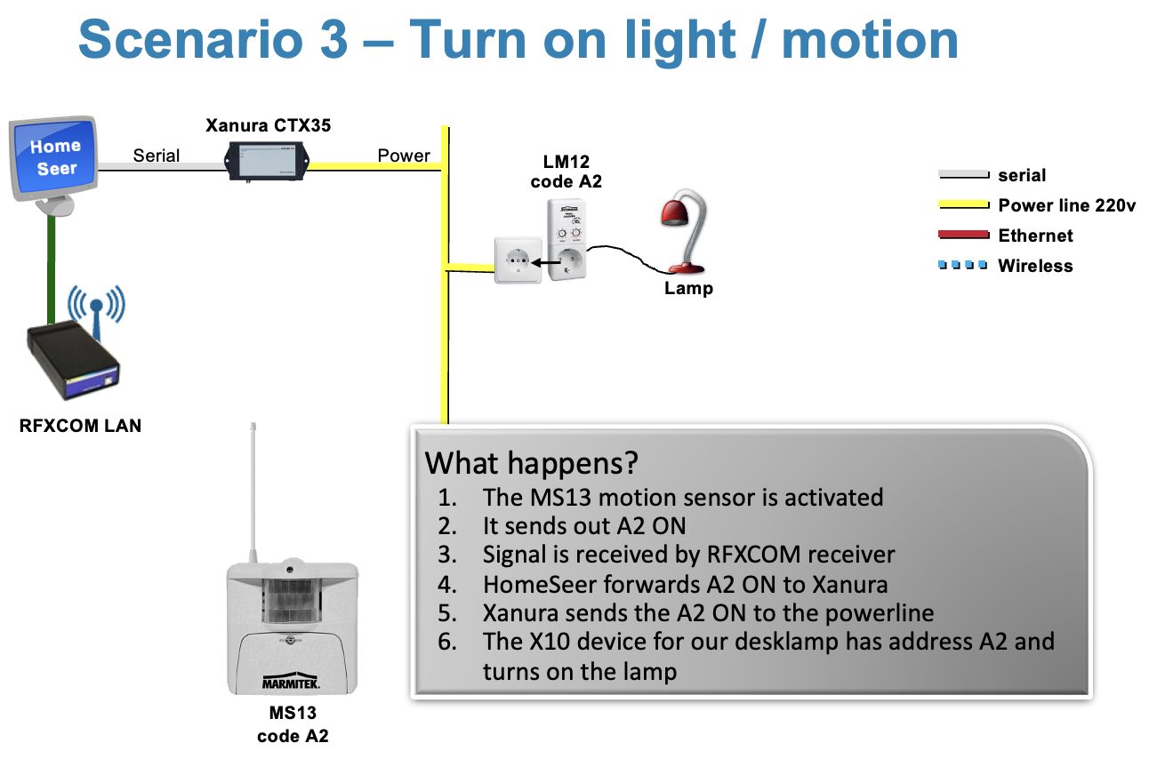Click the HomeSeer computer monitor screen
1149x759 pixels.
click(x=54, y=157)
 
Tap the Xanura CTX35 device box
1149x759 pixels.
click(x=268, y=162)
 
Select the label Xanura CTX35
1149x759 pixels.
click(x=269, y=125)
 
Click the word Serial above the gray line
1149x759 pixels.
click(x=157, y=156)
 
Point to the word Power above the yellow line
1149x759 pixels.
click(x=404, y=156)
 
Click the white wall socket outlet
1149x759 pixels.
click(x=518, y=260)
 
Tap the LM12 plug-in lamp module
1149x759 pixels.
click(x=566, y=240)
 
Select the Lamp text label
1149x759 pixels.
click(x=688, y=288)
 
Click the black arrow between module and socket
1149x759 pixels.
click(x=546, y=263)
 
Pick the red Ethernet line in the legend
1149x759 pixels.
click(x=963, y=235)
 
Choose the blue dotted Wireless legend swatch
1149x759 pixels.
click(x=963, y=265)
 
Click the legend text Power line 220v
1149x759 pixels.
click(x=1067, y=205)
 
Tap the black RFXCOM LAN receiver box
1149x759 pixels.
click(x=73, y=360)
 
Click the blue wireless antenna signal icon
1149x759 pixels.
click(x=96, y=308)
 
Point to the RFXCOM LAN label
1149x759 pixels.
click(x=80, y=426)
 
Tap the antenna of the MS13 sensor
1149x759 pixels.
click(x=253, y=492)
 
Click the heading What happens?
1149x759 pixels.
click(x=532, y=463)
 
